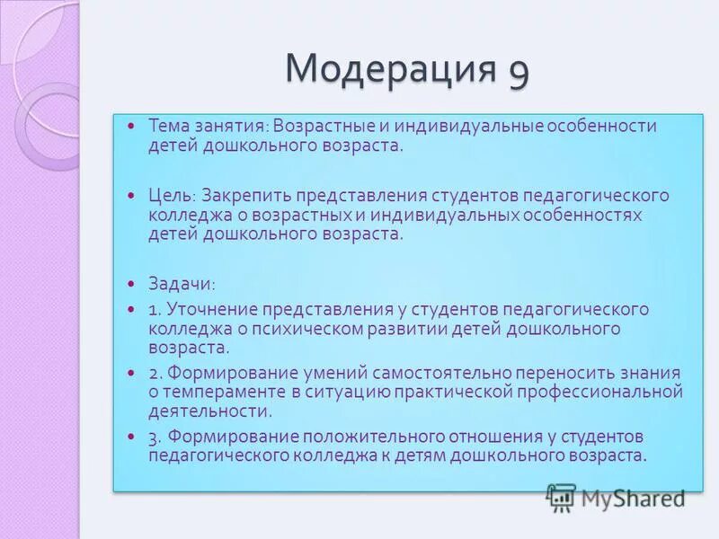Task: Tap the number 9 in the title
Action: click(x=519, y=70)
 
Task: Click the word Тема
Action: click(x=168, y=127)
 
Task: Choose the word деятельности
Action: click(x=210, y=411)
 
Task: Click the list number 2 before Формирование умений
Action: click(x=154, y=372)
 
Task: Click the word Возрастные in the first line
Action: click(x=321, y=127)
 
